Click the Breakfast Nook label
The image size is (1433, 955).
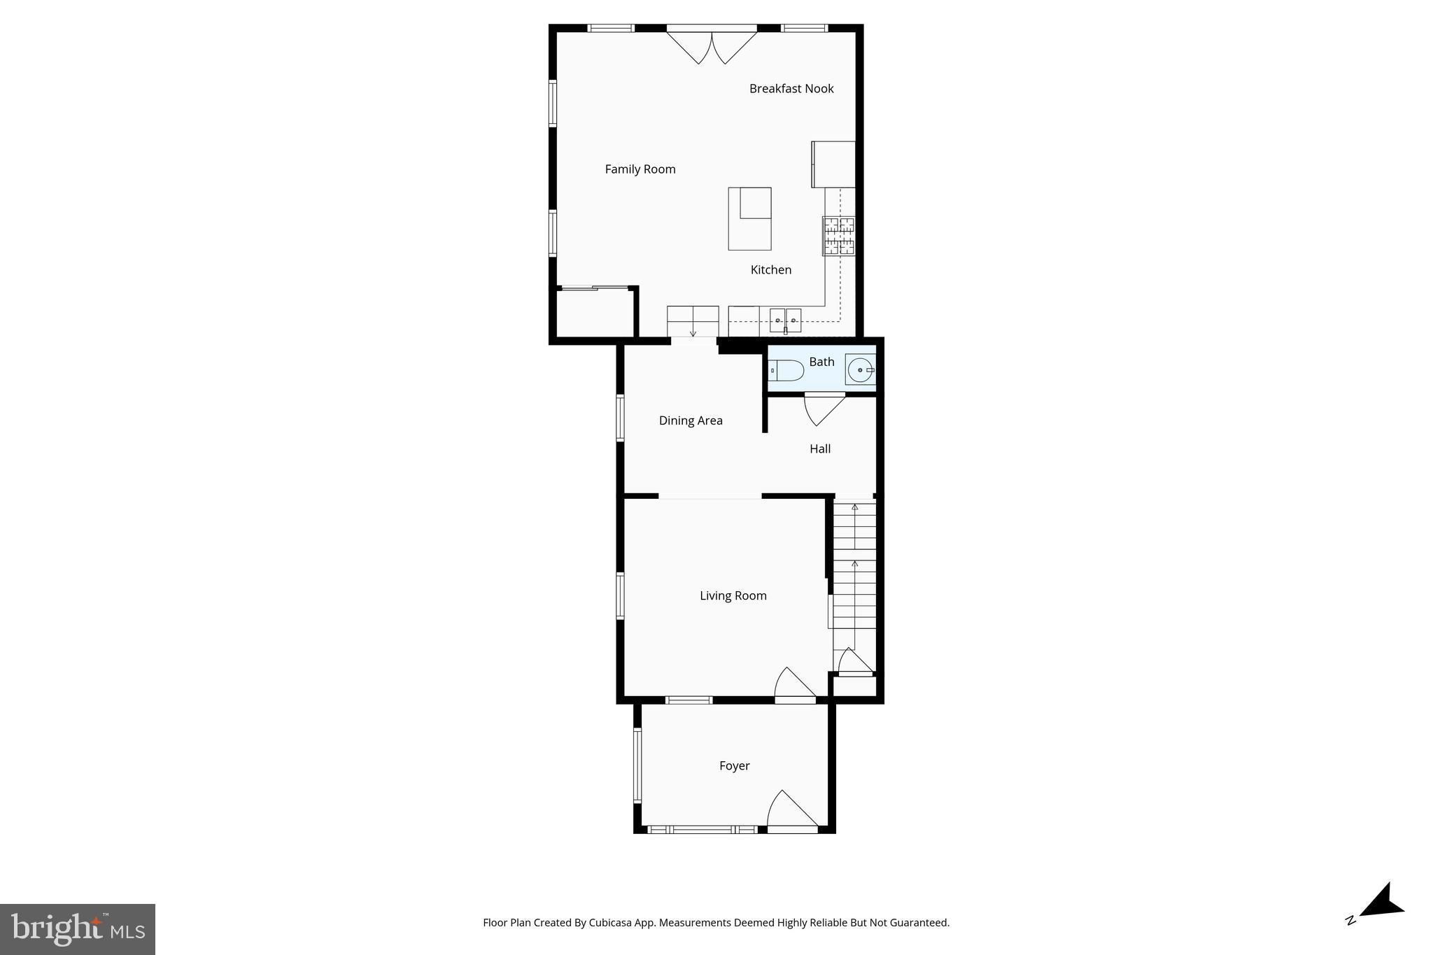coord(791,89)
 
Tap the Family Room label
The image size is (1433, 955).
coord(640,169)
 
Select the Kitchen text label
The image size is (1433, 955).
coord(771,270)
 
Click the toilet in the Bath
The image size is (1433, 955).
coord(787,370)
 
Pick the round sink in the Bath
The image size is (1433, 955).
coord(860,369)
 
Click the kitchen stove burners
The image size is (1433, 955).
coord(838,236)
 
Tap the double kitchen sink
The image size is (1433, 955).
coord(785,320)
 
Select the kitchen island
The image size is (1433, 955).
coord(749,219)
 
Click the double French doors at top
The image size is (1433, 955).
coord(712,45)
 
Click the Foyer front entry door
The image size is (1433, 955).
coord(791,812)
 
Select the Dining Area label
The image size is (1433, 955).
coord(691,420)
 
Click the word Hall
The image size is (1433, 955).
coord(820,449)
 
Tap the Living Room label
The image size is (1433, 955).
coord(733,596)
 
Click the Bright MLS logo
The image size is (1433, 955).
coord(78,929)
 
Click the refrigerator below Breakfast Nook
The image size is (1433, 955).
coord(833,164)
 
